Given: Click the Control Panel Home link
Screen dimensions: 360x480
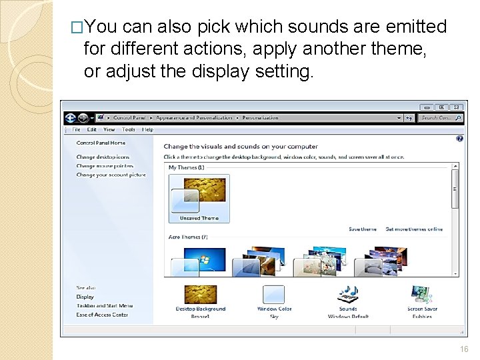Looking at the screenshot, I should (x=101, y=143).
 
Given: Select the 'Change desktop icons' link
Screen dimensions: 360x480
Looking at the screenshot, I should (x=103, y=157).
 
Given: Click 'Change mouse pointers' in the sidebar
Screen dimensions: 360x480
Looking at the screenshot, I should (x=105, y=166).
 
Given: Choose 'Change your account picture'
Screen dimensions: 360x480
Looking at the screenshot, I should (x=111, y=175).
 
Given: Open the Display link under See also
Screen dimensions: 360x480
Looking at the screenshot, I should (x=85, y=297).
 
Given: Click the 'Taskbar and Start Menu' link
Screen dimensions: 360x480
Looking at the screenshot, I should (x=104, y=305).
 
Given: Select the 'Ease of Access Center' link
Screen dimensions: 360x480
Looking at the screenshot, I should (x=102, y=315).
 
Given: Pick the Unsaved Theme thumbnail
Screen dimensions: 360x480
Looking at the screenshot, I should (x=199, y=198).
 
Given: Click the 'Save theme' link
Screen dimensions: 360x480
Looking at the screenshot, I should (x=362, y=229).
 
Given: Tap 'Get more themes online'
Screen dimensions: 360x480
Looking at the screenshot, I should (x=414, y=229).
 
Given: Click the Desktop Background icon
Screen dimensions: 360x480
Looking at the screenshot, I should (x=201, y=295).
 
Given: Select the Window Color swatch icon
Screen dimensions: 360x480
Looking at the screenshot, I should (x=274, y=295).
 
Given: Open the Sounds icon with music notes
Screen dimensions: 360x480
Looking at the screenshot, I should (x=348, y=295).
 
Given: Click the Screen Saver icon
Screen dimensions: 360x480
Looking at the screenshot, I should (x=422, y=295).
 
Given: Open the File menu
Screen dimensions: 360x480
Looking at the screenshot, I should (x=76, y=130).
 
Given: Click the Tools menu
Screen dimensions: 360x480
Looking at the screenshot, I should (x=129, y=130).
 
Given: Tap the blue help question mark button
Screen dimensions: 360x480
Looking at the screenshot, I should (x=459, y=139).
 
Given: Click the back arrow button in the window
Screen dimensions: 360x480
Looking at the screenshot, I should (x=71, y=118).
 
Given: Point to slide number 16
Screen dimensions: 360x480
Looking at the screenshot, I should (x=464, y=349).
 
